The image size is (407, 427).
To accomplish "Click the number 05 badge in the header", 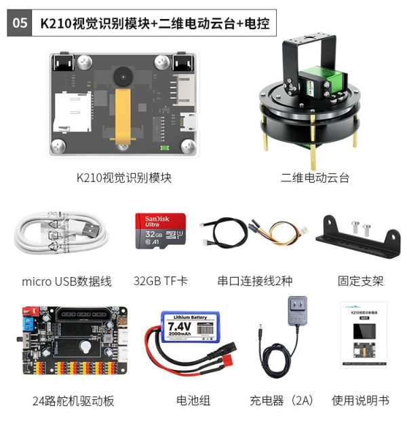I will (x=20, y=22).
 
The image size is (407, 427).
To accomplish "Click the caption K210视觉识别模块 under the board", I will (x=123, y=178).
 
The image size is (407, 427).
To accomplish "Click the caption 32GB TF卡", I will (x=161, y=280).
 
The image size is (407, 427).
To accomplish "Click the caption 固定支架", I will (x=360, y=280).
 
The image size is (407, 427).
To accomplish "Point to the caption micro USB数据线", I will (x=66, y=280).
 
